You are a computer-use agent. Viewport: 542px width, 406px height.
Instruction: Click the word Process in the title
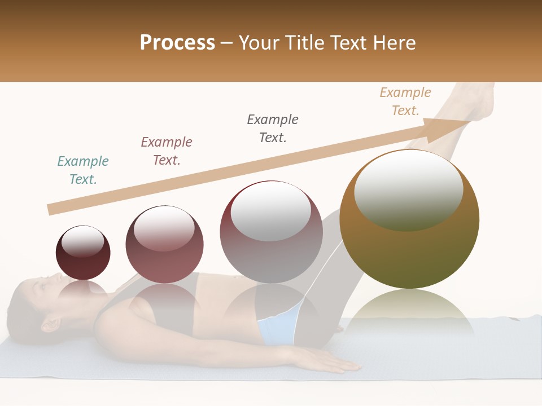tap(177, 43)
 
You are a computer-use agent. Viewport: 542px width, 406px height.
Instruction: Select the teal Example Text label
tap(83, 170)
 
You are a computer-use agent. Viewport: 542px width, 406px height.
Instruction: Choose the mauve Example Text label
tap(167, 151)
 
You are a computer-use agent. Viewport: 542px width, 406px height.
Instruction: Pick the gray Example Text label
tap(273, 129)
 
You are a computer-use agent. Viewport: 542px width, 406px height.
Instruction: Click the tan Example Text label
tap(405, 101)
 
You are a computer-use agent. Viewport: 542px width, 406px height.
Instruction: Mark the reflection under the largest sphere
tap(409, 316)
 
